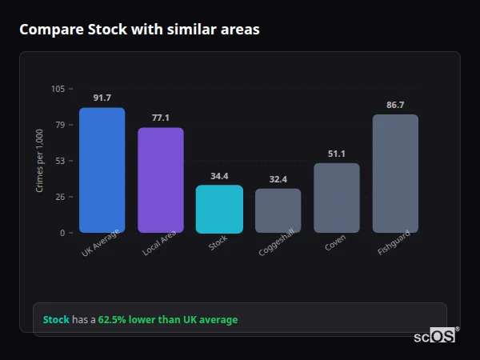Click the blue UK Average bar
[102, 170]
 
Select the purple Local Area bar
[160, 180]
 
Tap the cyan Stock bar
[219, 210]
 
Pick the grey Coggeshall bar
[278, 211]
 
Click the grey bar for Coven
[336, 198]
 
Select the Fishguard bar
[395, 174]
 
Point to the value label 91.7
[102, 98]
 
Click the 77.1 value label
[160, 118]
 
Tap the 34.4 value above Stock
[219, 176]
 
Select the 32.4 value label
[278, 179]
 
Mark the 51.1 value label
[336, 154]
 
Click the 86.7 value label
[395, 105]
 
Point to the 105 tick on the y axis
[58, 89]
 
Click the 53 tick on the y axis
[60, 161]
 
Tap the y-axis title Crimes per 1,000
[39, 161]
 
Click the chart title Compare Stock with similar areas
[139, 30]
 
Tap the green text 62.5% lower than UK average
[168, 320]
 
